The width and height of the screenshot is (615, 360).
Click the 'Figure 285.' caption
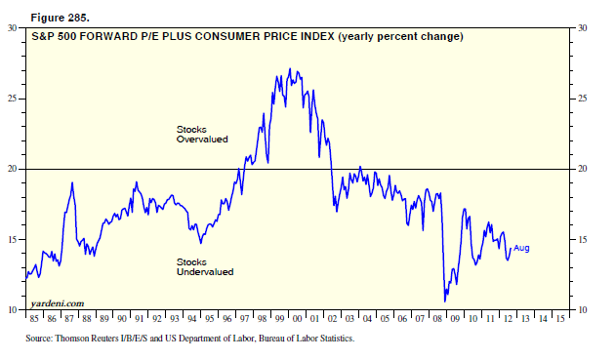coord(60,18)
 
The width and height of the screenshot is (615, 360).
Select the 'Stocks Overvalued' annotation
coord(202,134)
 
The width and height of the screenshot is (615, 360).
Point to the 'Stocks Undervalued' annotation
coord(205,266)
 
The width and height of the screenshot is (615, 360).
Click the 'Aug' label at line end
coord(521,248)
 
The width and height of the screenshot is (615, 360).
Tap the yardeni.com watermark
coord(58,303)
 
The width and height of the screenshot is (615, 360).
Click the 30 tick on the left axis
coord(12,28)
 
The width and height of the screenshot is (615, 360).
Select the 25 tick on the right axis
coord(583,98)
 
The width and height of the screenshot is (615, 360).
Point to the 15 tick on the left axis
coord(12,239)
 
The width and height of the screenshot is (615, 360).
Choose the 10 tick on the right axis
coord(583,310)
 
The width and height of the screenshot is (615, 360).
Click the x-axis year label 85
coord(34,319)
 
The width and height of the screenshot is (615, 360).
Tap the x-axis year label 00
coord(297,319)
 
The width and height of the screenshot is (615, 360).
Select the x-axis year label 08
coord(437,319)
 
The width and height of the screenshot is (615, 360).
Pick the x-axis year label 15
coord(560,319)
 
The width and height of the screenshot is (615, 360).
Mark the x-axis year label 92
coord(157,319)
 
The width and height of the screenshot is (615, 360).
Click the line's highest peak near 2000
coord(290,68)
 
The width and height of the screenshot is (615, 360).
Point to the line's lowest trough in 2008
coord(445,301)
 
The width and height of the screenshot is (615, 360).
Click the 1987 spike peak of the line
coord(72,182)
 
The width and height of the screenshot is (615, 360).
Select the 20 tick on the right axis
coord(583,169)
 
